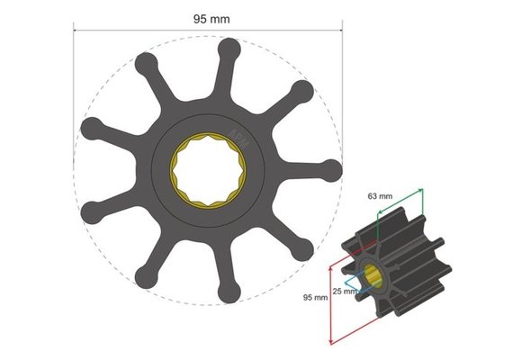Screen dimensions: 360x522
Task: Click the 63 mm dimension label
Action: coord(379,194)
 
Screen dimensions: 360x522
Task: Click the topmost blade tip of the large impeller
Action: coord(229,47)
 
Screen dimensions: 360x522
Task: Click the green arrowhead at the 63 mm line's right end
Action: coord(421,192)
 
